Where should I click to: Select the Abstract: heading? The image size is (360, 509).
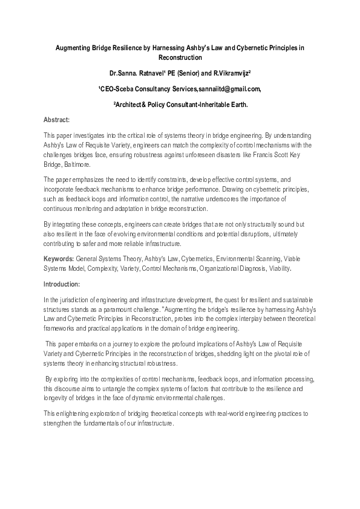[57, 120]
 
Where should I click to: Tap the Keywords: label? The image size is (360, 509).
[59, 259]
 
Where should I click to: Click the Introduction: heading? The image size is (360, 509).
[62, 284]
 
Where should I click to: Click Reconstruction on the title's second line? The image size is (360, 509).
[180, 57]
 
